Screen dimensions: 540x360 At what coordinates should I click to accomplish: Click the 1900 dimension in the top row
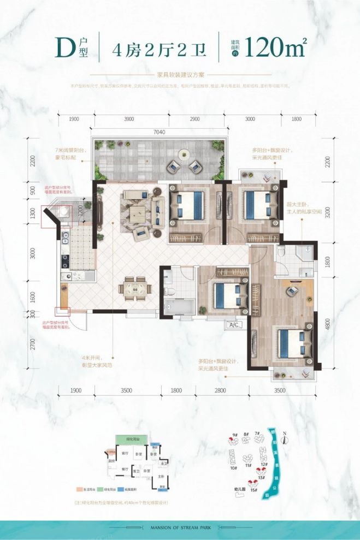74,118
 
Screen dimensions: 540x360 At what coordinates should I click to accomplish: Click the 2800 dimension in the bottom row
220,390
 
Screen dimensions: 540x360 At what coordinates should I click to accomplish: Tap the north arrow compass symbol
285,437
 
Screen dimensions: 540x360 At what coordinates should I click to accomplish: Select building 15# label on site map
254,489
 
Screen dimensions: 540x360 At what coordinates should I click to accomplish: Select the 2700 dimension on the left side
33,343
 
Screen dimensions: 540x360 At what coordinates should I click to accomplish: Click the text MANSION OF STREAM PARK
180,528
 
